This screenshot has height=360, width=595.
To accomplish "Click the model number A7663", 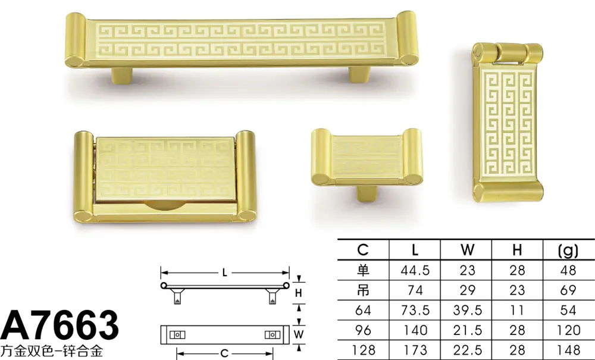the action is pos(59,325).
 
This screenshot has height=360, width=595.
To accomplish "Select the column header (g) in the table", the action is pos(568,250).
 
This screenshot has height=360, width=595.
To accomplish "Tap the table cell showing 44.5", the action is pos(415,270).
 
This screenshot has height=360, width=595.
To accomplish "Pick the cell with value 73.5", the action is pos(415,310).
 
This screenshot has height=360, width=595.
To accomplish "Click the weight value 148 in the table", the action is pos(568,350).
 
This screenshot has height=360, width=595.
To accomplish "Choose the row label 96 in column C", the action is pos(363,330).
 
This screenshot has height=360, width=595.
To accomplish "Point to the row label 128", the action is pos(363,350).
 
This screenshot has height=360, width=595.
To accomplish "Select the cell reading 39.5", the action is pos(467,310).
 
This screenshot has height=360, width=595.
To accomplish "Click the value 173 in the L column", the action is pos(415,350).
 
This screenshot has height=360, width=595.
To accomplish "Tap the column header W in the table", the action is pos(467,250).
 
